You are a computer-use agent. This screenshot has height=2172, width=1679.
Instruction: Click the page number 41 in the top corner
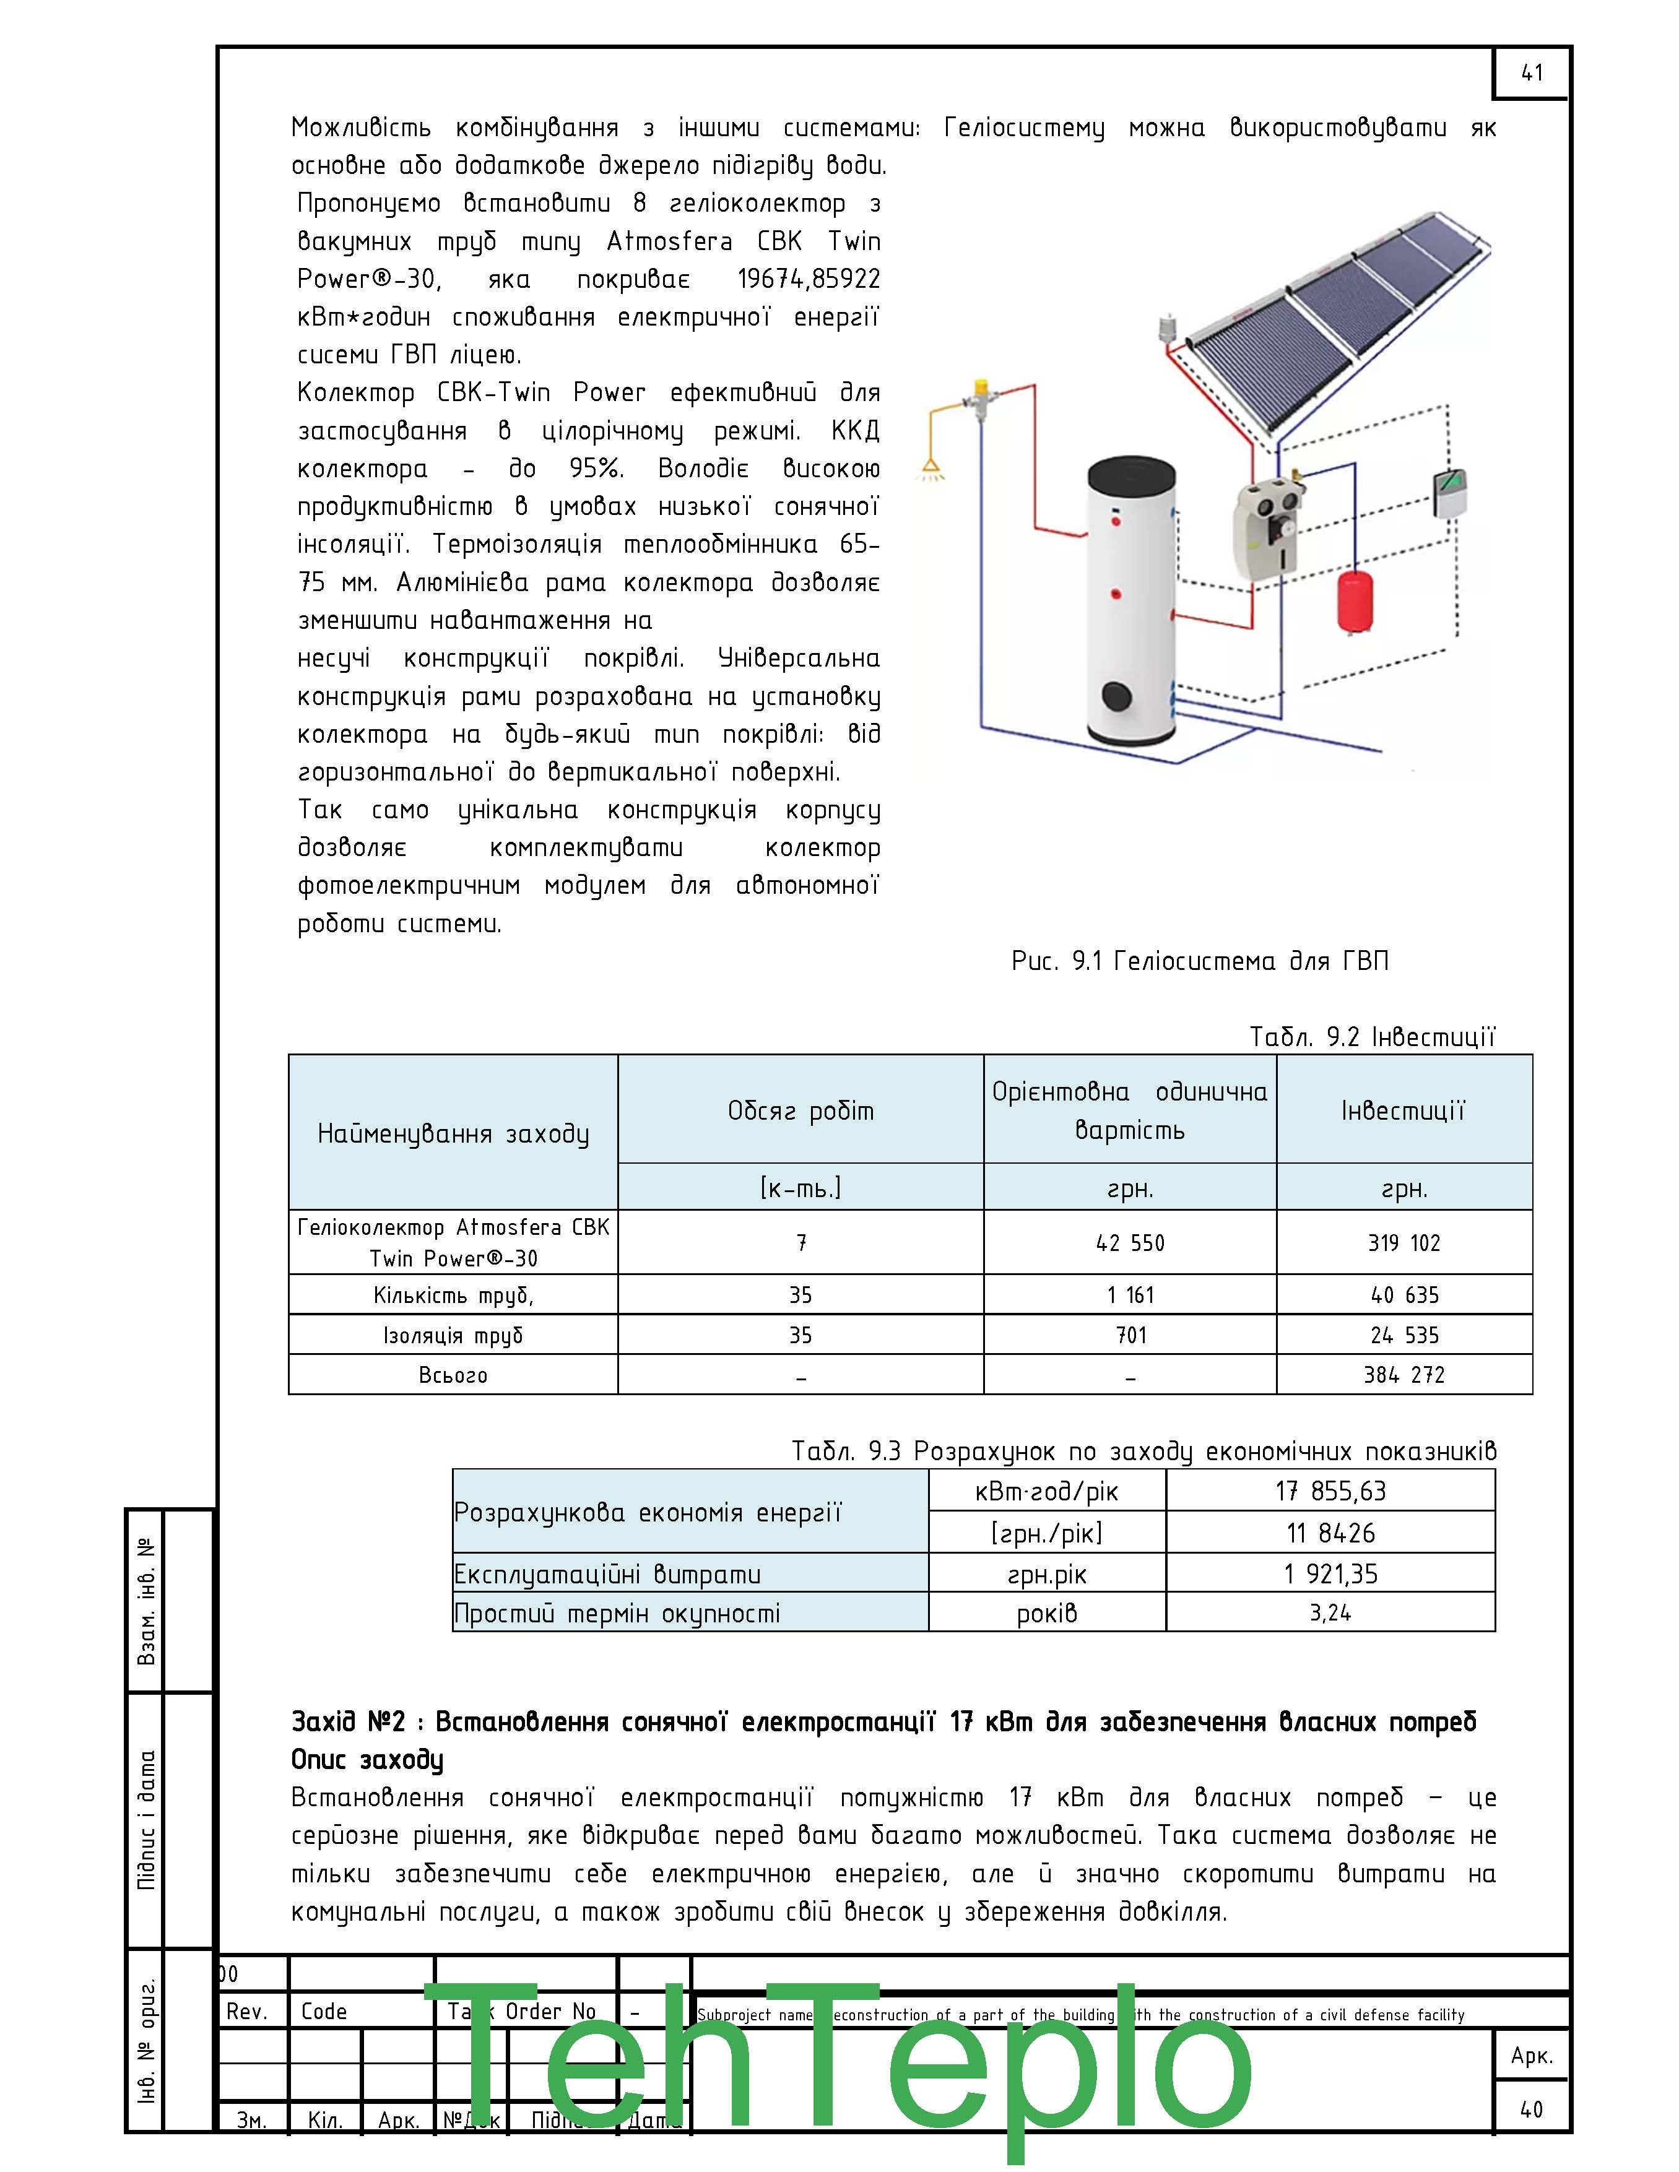1532,72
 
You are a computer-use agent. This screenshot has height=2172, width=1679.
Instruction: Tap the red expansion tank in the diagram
1351,600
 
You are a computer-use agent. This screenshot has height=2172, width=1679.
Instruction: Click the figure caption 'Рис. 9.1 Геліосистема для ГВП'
1200,961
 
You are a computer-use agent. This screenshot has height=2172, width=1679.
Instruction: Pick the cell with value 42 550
1130,1243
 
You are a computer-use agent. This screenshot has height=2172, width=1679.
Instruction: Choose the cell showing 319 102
1404,1243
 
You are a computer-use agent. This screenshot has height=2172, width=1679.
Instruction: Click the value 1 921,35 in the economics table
1330,1574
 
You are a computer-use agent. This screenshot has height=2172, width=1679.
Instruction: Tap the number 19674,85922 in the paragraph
809,279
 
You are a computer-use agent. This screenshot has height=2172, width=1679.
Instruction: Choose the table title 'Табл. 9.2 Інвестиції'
1373,1037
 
